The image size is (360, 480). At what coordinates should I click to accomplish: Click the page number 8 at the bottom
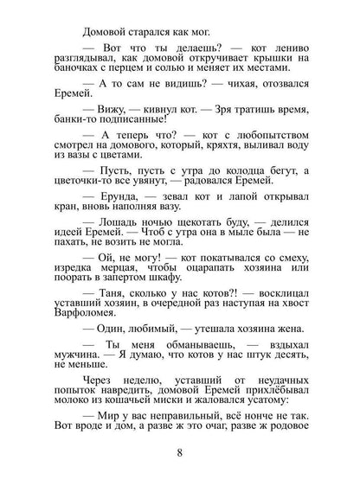180,451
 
